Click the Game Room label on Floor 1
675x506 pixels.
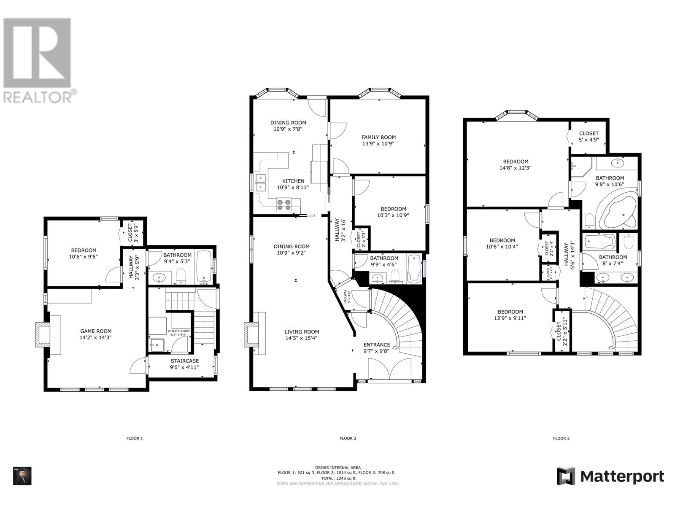[x=96, y=331]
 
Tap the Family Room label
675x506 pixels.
[x=378, y=137]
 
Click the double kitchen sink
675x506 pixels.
[x=260, y=183]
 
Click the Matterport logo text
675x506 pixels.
[x=622, y=477]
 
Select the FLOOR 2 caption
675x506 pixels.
[x=348, y=439]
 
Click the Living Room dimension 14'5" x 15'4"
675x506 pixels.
[x=301, y=338]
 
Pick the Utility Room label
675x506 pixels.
[x=179, y=331]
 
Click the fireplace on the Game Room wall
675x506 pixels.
[x=42, y=334]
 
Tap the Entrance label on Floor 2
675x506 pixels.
[x=377, y=345]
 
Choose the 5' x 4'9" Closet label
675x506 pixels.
[x=589, y=140]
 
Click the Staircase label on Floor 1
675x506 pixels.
[x=184, y=361]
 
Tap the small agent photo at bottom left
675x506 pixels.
[x=22, y=476]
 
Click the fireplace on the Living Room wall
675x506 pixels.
[x=251, y=335]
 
